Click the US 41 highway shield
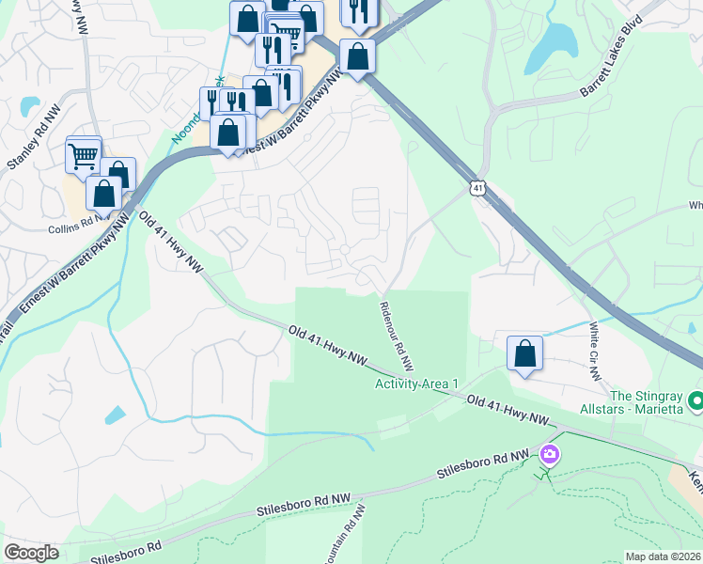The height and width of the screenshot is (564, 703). (478, 189)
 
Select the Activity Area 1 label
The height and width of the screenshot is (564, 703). (416, 384)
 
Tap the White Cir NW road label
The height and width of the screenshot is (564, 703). (594, 352)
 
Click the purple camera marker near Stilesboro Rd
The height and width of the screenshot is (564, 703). (549, 456)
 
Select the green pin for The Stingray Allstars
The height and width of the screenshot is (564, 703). (695, 401)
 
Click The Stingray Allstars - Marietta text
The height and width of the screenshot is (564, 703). (648, 402)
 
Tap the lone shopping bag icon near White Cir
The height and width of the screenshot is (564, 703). (525, 353)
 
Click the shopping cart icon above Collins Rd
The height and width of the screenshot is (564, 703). (84, 155)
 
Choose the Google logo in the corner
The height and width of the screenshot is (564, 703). (31, 553)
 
